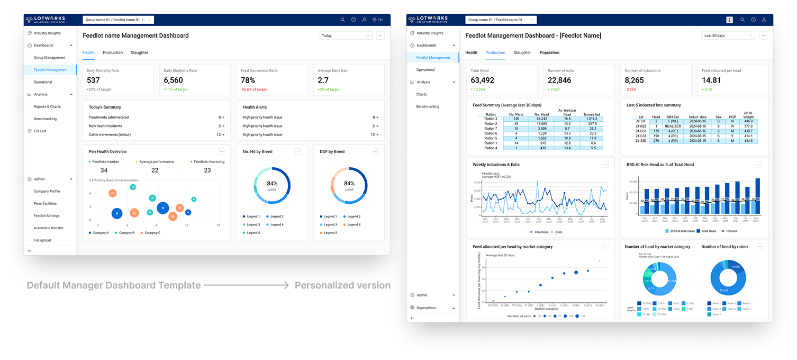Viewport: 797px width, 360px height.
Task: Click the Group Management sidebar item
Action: tap(49, 58)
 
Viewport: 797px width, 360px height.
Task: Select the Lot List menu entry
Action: tap(40, 131)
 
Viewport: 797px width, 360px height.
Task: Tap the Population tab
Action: tap(549, 52)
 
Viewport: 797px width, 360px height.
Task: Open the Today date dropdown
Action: tap(346, 35)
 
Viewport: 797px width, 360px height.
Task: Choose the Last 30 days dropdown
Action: tap(728, 35)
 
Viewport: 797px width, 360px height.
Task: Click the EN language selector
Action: tap(377, 20)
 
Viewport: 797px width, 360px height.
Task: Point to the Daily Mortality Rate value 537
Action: tap(93, 80)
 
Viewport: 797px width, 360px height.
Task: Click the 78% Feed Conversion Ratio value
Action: tap(248, 80)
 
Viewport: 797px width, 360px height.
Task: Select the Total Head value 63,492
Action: tap(482, 80)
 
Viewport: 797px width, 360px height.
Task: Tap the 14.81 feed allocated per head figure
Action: tap(711, 80)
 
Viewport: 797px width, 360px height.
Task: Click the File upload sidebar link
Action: tap(42, 240)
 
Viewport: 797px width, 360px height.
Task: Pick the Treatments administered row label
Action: tap(108, 117)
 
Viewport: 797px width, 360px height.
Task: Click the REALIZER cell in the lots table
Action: tap(672, 126)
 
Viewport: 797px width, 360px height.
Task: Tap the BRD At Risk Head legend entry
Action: tap(678, 231)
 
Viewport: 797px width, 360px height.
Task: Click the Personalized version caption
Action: tap(342, 285)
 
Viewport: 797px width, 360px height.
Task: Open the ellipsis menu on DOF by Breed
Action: tap(375, 151)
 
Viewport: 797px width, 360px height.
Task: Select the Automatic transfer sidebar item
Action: tap(48, 228)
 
